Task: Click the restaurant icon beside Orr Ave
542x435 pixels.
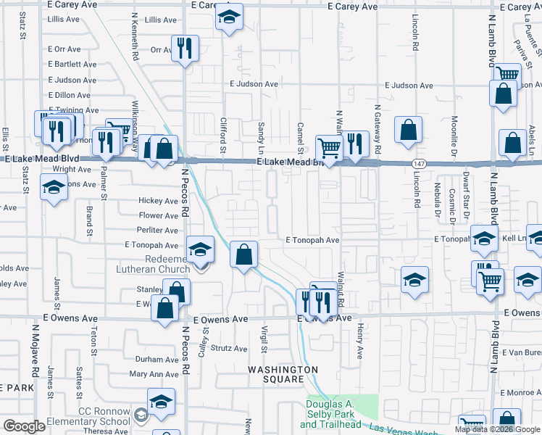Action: pos(185,48)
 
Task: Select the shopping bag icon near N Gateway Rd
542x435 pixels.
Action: pos(409,130)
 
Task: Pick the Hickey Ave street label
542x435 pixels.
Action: pos(158,201)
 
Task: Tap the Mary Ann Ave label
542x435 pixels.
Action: pos(154,374)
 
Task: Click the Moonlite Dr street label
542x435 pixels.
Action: pos(454,137)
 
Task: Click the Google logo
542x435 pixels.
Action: pos(25,426)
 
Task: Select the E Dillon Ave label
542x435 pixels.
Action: pos(71,95)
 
